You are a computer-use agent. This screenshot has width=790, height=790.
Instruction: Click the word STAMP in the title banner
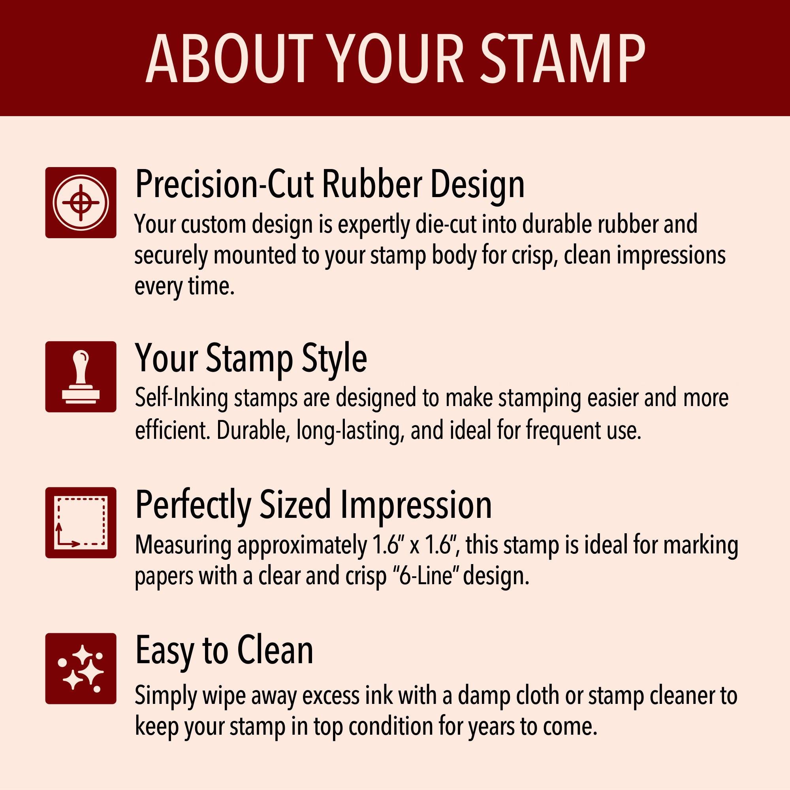click(x=562, y=58)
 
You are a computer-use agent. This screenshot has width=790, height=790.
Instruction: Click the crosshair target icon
click(x=81, y=202)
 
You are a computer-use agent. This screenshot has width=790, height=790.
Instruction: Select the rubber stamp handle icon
click(x=81, y=376)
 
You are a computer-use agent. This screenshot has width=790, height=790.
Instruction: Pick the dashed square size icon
click(x=81, y=523)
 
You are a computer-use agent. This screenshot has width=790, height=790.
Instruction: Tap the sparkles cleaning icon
click(x=81, y=669)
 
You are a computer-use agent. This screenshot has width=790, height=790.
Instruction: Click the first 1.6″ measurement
click(x=385, y=545)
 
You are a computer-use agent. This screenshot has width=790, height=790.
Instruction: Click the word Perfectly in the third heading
click(x=192, y=506)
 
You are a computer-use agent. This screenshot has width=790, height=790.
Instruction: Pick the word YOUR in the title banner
click(x=396, y=58)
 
